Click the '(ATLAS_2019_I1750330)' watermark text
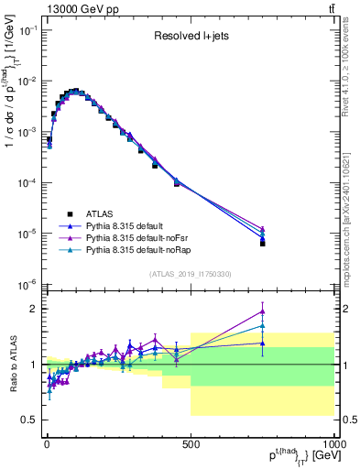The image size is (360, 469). tap(190, 273)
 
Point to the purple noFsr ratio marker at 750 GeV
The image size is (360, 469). tap(262, 311)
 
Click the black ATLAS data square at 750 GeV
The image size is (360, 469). tap(262, 244)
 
